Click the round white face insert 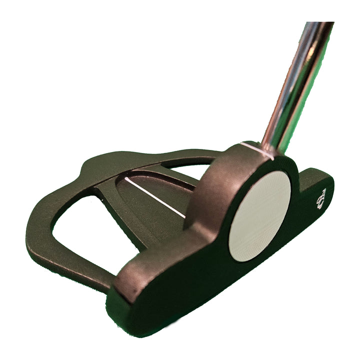click(259, 215)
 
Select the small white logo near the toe click(320, 199)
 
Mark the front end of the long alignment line click(184, 217)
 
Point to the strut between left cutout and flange click(107, 200)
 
